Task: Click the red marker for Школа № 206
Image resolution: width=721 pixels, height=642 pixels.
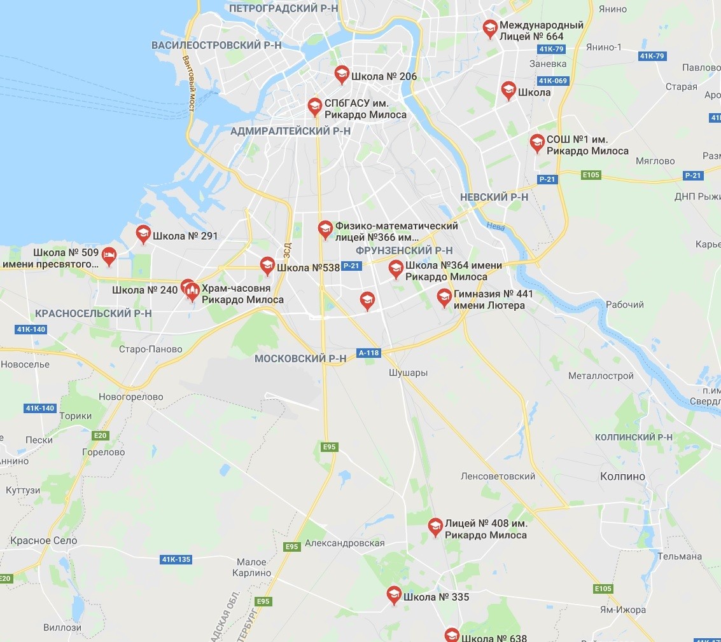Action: pyautogui.click(x=342, y=74)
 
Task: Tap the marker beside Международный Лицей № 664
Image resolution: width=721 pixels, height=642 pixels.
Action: pyautogui.click(x=489, y=29)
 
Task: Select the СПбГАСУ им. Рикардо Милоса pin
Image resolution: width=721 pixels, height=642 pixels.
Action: pyautogui.click(x=314, y=106)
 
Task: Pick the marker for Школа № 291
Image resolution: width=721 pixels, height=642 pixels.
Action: pyautogui.click(x=143, y=234)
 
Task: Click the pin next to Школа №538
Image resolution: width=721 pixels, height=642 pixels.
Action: pyautogui.click(x=267, y=266)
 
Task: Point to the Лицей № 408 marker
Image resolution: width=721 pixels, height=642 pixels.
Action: pyautogui.click(x=435, y=527)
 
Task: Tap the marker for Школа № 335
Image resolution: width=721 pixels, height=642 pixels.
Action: pyautogui.click(x=394, y=595)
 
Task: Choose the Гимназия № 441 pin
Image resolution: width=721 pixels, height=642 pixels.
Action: pyautogui.click(x=444, y=297)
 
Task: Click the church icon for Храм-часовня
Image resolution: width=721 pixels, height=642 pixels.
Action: pyautogui.click(x=192, y=292)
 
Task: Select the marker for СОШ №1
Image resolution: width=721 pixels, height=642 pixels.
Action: pyautogui.click(x=537, y=143)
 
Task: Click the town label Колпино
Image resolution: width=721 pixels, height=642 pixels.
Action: pyautogui.click(x=622, y=476)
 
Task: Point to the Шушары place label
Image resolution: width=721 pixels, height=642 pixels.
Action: pyautogui.click(x=408, y=372)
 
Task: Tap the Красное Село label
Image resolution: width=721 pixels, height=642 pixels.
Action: pyautogui.click(x=43, y=541)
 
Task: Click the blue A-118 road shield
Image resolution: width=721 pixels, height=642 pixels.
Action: pyautogui.click(x=368, y=353)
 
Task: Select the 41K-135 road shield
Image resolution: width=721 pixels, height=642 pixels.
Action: pyautogui.click(x=176, y=559)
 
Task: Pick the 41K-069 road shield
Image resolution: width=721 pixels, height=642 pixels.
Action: pyautogui.click(x=552, y=81)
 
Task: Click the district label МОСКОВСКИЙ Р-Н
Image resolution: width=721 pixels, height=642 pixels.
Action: pyautogui.click(x=300, y=359)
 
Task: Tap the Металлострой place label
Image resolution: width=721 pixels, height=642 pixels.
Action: pyautogui.click(x=601, y=376)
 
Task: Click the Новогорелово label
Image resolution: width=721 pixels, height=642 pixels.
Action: pyautogui.click(x=130, y=397)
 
